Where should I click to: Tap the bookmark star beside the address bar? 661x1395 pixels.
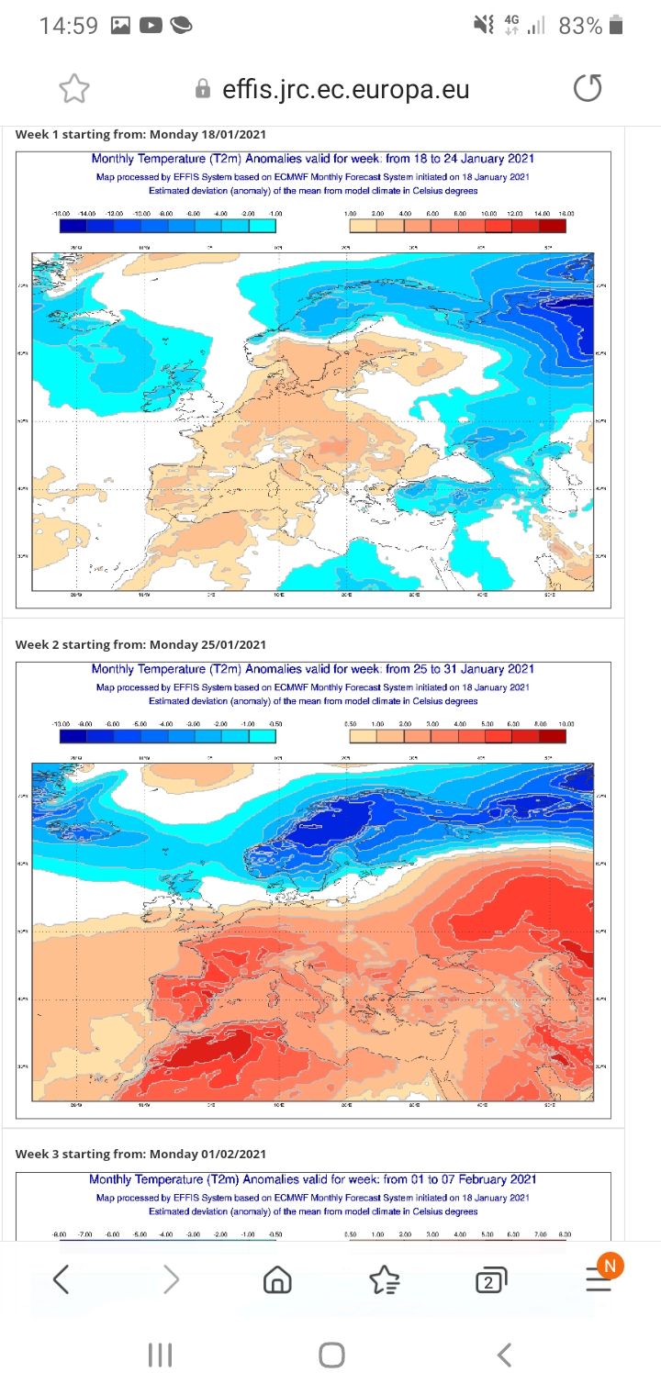click(x=73, y=89)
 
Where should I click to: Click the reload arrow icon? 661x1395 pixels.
click(x=588, y=89)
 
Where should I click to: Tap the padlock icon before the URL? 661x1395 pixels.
click(x=203, y=89)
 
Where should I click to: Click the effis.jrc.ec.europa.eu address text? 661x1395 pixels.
click(x=345, y=89)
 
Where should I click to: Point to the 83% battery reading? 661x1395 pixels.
click(x=580, y=26)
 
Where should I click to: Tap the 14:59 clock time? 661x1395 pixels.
click(x=68, y=26)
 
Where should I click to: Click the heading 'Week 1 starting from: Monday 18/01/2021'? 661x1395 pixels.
click(x=140, y=135)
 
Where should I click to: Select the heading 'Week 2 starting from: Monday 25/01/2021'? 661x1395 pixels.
click(x=140, y=644)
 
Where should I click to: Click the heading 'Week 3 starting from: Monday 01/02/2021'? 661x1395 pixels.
click(x=140, y=1154)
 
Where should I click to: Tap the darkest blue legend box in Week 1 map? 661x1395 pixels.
click(x=73, y=226)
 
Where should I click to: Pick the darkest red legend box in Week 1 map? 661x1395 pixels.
click(x=552, y=226)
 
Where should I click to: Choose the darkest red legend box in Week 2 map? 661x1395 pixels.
click(x=552, y=736)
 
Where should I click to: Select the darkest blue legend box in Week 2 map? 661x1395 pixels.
click(x=73, y=736)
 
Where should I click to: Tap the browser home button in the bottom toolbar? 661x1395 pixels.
click(x=277, y=1279)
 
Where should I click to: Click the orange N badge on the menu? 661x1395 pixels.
click(x=610, y=1266)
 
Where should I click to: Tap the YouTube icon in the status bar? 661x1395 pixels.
click(x=151, y=26)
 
